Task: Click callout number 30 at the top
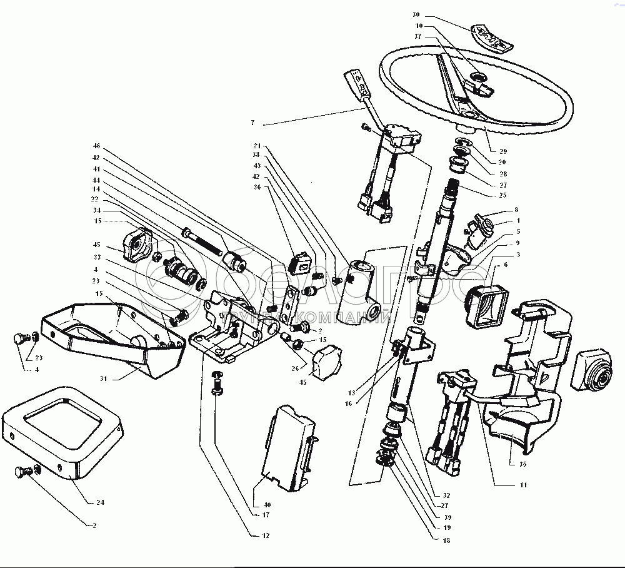click(x=417, y=14)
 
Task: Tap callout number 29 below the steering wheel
click(x=503, y=151)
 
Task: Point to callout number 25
click(x=503, y=195)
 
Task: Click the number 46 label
click(x=97, y=148)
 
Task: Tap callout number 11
click(x=522, y=485)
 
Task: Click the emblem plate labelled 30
click(x=491, y=38)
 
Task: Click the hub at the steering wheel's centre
click(x=479, y=78)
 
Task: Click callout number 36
click(x=256, y=187)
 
